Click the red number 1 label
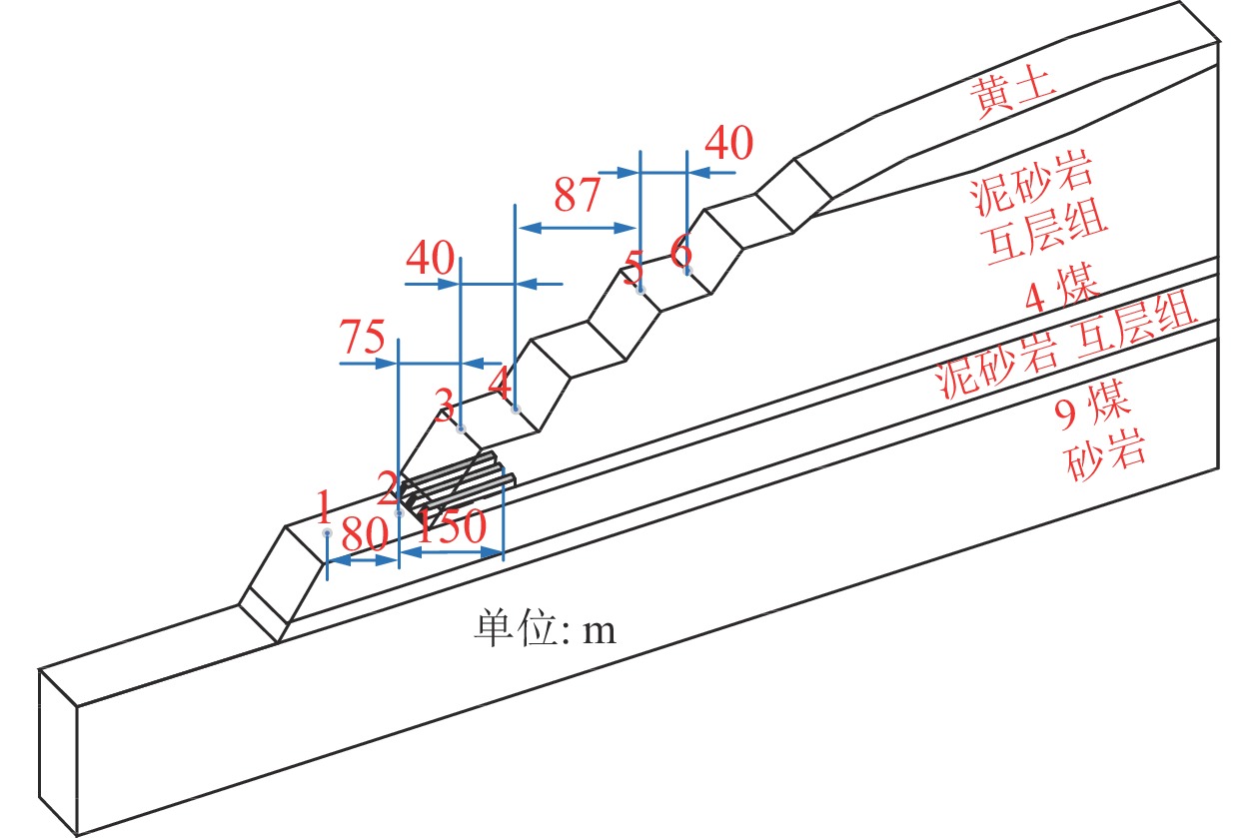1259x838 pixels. click(323, 506)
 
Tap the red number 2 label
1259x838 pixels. click(389, 487)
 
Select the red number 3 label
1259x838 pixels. click(445, 404)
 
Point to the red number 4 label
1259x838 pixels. click(501, 384)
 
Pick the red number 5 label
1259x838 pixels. click(633, 268)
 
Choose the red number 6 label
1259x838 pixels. click(680, 251)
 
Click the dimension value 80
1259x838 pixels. click(364, 534)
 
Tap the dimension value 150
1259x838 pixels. click(452, 526)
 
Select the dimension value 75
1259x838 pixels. click(363, 337)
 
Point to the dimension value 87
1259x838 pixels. click(578, 195)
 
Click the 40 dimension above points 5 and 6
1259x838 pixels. click(729, 143)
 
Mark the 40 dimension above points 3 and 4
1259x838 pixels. click(430, 258)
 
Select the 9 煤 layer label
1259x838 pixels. click(1091, 406)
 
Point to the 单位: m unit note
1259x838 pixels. click(545, 628)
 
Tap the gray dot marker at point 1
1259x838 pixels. click(327, 533)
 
